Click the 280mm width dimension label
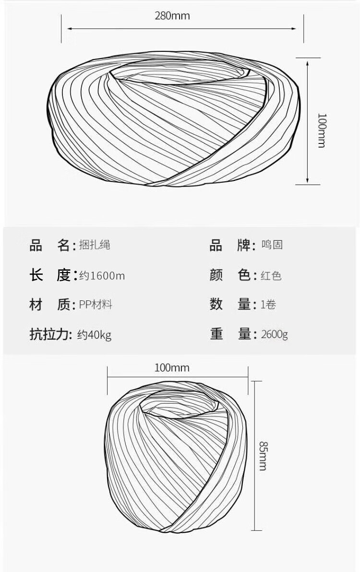[x=172, y=16]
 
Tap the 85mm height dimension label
[x=263, y=455]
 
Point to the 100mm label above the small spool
[x=172, y=368]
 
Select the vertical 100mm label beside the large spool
[x=322, y=131]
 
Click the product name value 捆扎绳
[x=95, y=245]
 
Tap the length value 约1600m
[x=102, y=275]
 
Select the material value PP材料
[x=96, y=305]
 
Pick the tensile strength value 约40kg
[x=94, y=334]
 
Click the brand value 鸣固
[x=272, y=245]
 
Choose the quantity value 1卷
[x=268, y=305]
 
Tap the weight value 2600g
[x=275, y=334]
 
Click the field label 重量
[x=230, y=334]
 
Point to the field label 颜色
[x=230, y=275]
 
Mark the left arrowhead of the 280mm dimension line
[x=69, y=28]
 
